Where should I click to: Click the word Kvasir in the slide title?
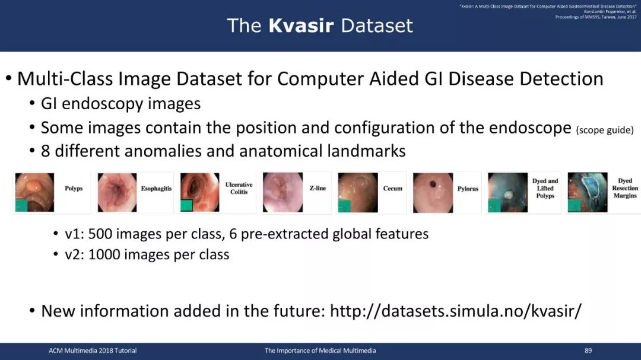(x=301, y=26)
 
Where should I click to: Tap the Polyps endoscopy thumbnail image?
(x=35, y=193)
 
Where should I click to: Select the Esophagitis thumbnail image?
(x=118, y=193)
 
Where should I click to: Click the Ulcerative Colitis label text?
(x=239, y=189)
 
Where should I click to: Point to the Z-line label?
(x=318, y=189)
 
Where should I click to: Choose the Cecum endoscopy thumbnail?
(x=358, y=193)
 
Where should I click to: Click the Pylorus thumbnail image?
(x=433, y=193)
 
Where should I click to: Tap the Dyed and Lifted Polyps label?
(x=545, y=189)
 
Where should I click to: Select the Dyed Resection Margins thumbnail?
(x=588, y=193)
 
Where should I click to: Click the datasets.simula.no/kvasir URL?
(x=455, y=311)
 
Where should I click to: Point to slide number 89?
(x=588, y=351)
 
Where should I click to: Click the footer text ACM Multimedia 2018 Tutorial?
(x=93, y=351)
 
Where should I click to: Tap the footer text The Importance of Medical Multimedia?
(x=320, y=351)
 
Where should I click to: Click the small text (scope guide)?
(x=605, y=130)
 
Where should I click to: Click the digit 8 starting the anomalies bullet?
(x=45, y=151)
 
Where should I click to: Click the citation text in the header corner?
(x=548, y=11)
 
